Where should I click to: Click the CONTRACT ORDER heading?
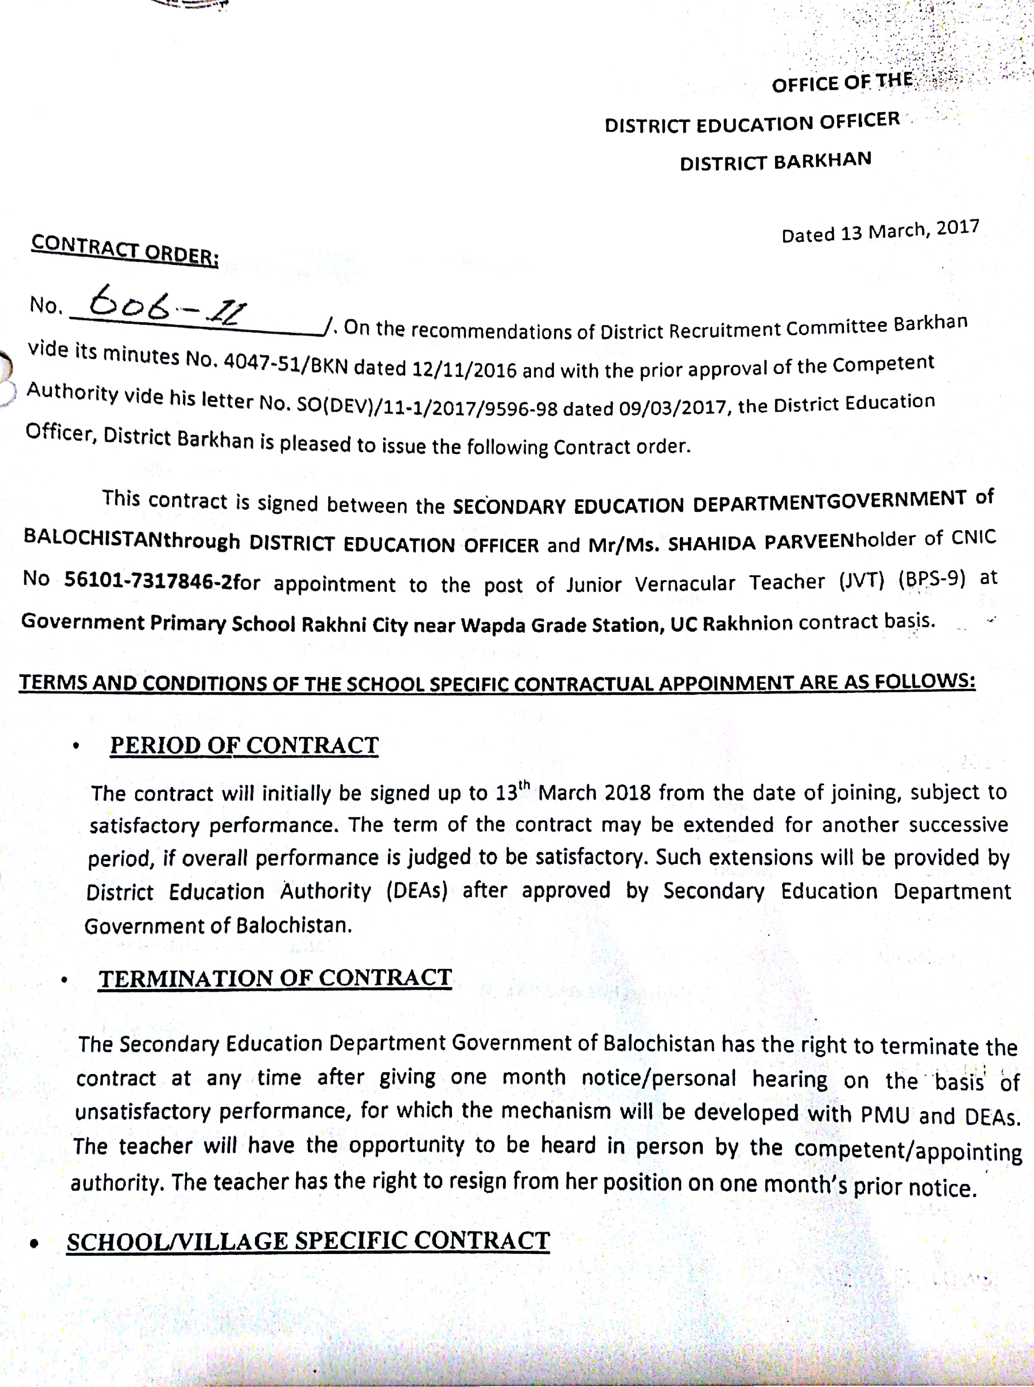[x=125, y=249]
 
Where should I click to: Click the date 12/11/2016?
[x=464, y=369]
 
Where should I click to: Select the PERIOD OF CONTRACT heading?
[x=244, y=745]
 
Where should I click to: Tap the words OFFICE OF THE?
[x=841, y=82]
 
